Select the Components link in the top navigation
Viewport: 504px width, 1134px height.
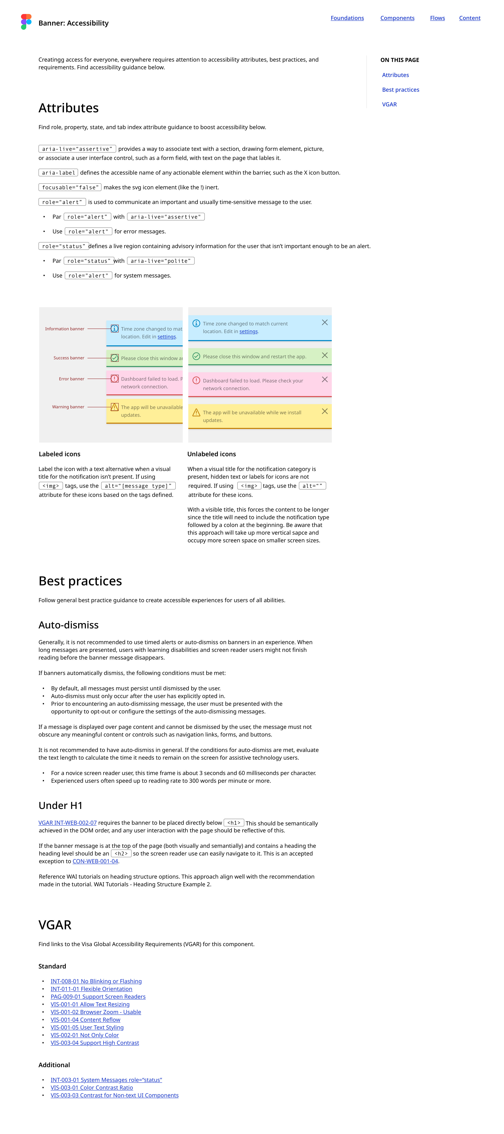click(x=397, y=18)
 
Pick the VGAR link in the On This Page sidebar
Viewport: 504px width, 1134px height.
click(x=389, y=104)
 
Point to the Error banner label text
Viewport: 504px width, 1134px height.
click(x=71, y=379)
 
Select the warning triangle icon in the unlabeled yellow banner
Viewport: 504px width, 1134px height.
click(x=196, y=413)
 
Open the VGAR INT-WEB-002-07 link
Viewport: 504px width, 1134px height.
click(x=67, y=823)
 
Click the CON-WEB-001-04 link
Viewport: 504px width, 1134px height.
click(x=95, y=861)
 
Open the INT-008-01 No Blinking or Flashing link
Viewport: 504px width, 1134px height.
click(x=96, y=981)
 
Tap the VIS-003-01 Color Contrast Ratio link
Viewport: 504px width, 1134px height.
click(x=92, y=1088)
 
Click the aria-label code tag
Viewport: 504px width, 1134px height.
click(x=58, y=173)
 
